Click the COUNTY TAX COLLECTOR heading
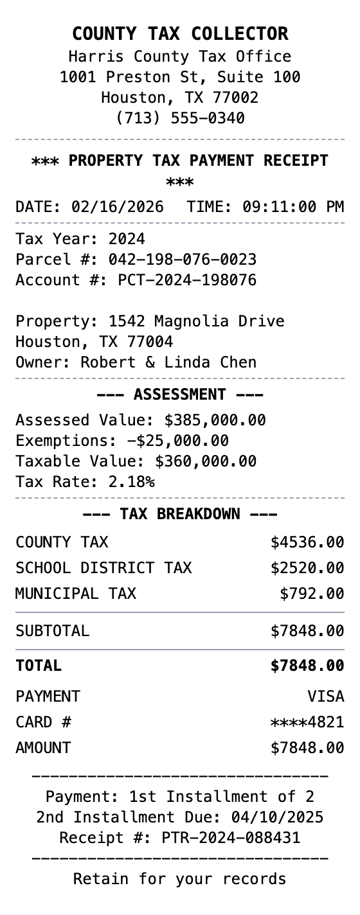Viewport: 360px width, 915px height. pyautogui.click(x=180, y=33)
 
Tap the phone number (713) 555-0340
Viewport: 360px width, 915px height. pyautogui.click(x=180, y=118)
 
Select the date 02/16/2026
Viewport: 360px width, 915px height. pyautogui.click(x=118, y=207)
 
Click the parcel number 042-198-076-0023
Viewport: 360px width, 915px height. pyautogui.click(x=183, y=260)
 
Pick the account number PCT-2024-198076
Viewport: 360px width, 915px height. pyautogui.click(x=187, y=280)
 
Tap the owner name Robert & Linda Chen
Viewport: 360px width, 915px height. pyautogui.click(x=168, y=362)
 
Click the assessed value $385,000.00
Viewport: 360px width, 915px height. pyautogui.click(x=215, y=420)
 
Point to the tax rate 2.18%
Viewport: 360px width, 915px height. pyautogui.click(x=131, y=482)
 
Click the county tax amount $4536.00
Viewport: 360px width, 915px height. pyautogui.click(x=307, y=542)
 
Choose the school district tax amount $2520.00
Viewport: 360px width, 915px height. pyautogui.click(x=307, y=568)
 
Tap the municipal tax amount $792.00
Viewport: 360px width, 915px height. pyautogui.click(x=312, y=594)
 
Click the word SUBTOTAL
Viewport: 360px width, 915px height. pyautogui.click(x=52, y=631)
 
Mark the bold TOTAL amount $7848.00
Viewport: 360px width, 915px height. pyautogui.click(x=307, y=666)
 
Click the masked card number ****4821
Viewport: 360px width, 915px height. pyautogui.click(x=307, y=722)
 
